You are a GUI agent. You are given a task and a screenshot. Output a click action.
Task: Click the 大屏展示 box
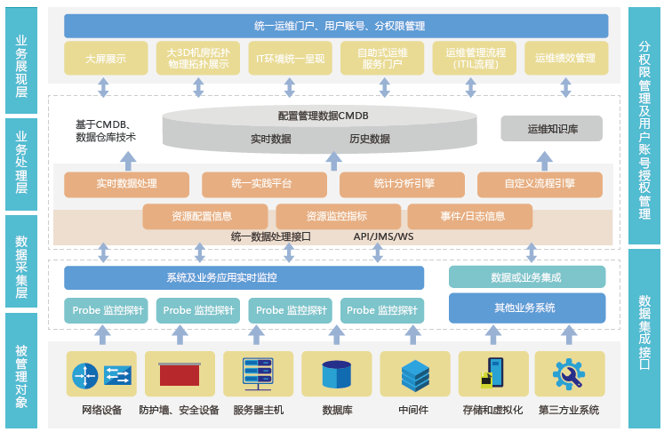(x=105, y=58)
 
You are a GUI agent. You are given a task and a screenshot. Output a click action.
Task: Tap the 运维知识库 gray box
(x=552, y=129)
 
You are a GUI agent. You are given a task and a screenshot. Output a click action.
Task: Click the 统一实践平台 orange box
(x=260, y=184)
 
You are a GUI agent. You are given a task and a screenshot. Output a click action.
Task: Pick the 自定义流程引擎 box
(x=539, y=184)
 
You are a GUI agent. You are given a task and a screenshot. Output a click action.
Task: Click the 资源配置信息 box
(x=205, y=216)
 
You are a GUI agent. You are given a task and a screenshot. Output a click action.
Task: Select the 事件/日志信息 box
(x=470, y=216)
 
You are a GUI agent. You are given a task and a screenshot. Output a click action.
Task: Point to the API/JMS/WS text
(x=383, y=237)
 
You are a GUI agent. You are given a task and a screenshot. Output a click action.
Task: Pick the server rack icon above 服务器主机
(x=259, y=374)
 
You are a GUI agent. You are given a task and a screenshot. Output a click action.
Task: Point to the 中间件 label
(x=413, y=411)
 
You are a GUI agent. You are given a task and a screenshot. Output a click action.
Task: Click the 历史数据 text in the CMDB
(x=369, y=139)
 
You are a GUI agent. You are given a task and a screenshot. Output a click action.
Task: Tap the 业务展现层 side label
(x=21, y=60)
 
